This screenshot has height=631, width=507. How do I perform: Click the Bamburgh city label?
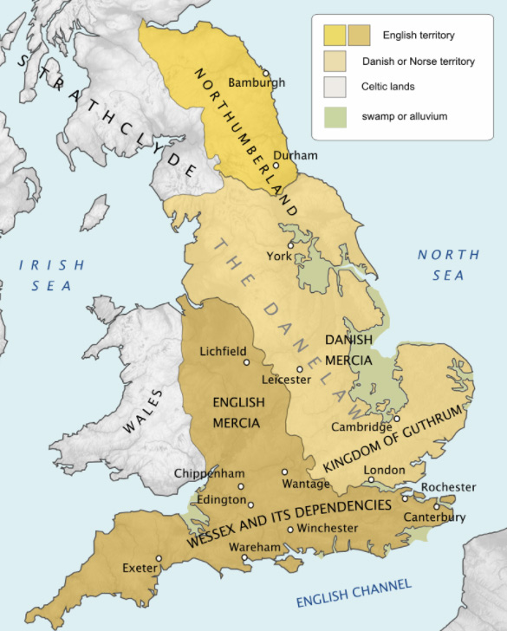click(x=256, y=83)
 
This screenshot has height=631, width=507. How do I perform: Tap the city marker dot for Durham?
click(x=276, y=166)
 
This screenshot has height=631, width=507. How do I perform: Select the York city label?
click(x=279, y=257)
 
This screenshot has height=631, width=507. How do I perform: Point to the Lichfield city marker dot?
click(x=246, y=362)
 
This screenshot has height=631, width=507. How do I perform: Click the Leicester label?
click(x=290, y=380)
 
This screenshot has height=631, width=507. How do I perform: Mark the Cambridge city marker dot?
click(x=396, y=418)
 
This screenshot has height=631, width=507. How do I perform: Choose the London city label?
click(x=384, y=470)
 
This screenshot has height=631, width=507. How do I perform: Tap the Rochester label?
click(x=448, y=487)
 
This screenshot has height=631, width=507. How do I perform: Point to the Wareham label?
click(x=256, y=547)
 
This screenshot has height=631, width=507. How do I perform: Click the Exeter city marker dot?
click(x=159, y=558)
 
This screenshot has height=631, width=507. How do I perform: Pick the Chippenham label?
click(x=210, y=473)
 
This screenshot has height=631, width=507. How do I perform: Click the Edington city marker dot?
click(x=251, y=504)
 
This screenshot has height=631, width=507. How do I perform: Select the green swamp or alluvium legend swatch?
click(x=335, y=117)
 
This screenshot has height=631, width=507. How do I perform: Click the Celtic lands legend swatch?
click(x=335, y=88)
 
